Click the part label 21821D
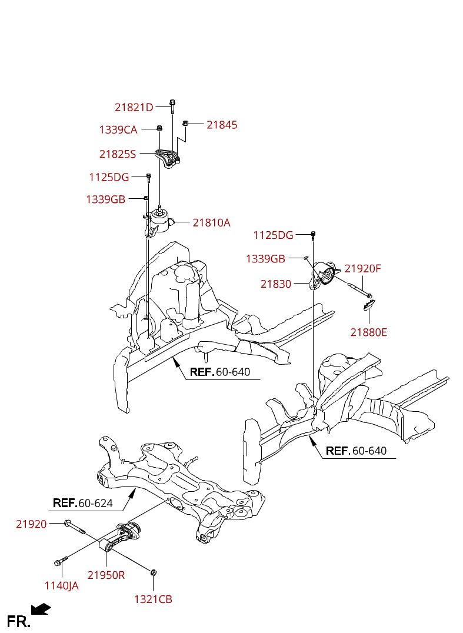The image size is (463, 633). [134, 108]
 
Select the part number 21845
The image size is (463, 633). [222, 125]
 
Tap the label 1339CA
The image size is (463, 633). [118, 130]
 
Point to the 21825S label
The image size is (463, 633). [118, 154]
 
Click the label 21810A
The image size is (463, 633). [212, 223]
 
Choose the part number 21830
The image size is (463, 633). [276, 284]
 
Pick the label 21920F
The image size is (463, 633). [363, 269]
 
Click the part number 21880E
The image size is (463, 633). [369, 332]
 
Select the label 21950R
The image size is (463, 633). [106, 575]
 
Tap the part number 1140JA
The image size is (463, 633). [61, 585]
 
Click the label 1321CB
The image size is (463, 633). [153, 599]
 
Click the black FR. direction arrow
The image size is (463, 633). [41, 609]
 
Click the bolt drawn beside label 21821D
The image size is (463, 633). [172, 106]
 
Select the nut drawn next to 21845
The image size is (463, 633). [185, 123]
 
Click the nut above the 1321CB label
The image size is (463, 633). [154, 572]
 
